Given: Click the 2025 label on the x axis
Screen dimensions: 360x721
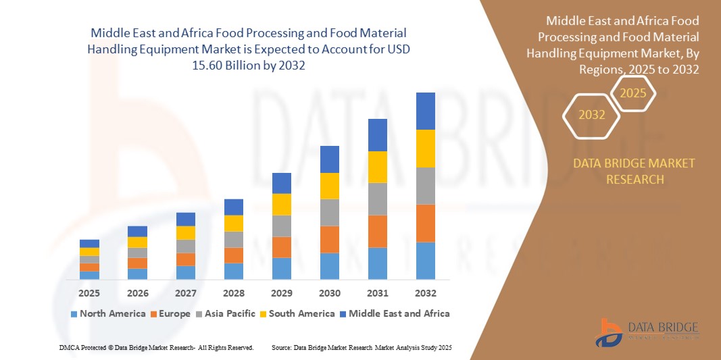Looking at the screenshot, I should point(89,294).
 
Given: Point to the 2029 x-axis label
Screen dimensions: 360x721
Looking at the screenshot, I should point(282,294).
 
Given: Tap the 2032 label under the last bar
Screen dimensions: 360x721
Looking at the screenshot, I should point(426,294).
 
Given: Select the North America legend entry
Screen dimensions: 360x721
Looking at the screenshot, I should point(107,313).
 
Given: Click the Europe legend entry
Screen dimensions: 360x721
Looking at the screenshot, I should point(170,313).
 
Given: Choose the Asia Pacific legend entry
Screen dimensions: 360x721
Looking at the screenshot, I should point(225,313).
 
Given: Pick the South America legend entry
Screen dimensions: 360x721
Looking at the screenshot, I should point(297,313).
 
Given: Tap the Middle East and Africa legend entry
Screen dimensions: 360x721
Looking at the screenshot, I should point(395,313).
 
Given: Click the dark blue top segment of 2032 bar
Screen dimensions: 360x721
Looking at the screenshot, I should point(426,111).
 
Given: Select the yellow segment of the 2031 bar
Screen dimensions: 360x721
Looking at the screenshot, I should point(378,167).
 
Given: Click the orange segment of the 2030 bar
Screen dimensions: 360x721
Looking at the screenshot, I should point(330,239).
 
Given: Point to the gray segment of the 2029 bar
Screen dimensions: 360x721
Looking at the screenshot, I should point(282,226).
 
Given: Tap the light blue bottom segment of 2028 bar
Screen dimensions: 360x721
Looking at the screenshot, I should point(234,271).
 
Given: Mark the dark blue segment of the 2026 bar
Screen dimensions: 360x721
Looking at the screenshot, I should point(137,231).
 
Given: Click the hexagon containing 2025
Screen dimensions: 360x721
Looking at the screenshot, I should point(633,93).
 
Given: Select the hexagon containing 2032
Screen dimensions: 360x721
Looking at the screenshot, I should point(592,115).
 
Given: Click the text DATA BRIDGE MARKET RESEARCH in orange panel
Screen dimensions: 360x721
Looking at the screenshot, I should point(634,172).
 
